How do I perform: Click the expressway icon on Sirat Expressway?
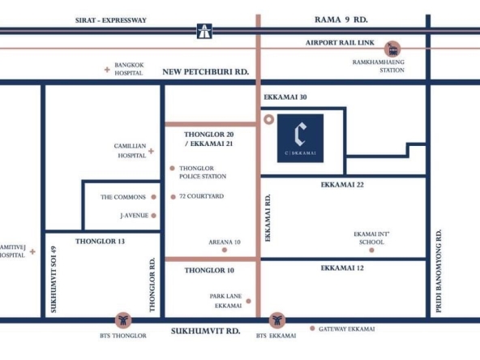[204, 32]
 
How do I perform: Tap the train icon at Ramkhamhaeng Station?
[392, 49]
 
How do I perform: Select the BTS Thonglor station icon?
[123, 320]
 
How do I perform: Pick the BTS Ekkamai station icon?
[277, 320]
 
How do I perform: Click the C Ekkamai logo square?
[300, 138]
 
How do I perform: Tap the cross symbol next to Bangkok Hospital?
[107, 70]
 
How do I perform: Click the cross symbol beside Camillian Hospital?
[152, 151]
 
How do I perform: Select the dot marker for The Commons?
[154, 197]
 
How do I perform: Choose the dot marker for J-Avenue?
[154, 216]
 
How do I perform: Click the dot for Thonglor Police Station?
[173, 169]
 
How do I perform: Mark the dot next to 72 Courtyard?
[173, 197]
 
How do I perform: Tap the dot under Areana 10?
[225, 250]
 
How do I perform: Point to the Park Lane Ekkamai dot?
[249, 302]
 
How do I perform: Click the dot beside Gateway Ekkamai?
[312, 328]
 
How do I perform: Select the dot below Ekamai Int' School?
[371, 251]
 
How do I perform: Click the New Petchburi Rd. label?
[206, 72]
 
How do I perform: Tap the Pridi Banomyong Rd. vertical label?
[439, 271]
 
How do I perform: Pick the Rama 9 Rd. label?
[341, 20]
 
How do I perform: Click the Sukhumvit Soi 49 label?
[54, 280]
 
